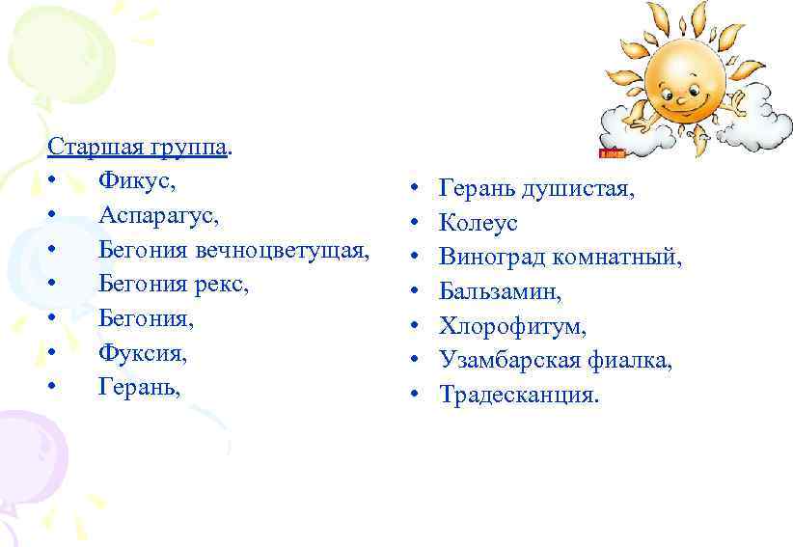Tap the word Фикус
pos(136,181)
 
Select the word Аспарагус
pos(158,215)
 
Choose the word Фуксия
pos(142,353)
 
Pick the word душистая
pos(578,189)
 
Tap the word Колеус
pos(479,223)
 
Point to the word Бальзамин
pos(500,291)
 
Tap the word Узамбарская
pos(510,361)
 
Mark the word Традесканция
pos(519,395)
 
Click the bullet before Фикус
pos(51,181)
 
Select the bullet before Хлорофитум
pos(412,326)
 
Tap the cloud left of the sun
pos(628,125)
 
